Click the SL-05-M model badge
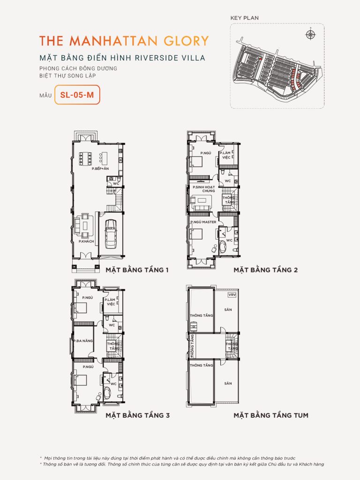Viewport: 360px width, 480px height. (x=77, y=95)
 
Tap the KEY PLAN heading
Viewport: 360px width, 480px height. (x=244, y=18)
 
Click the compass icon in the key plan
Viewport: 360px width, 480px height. (x=309, y=34)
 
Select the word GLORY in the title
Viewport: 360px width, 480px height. (x=184, y=40)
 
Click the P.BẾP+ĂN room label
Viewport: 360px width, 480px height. (x=100, y=168)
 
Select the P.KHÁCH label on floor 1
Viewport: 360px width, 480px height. (x=87, y=241)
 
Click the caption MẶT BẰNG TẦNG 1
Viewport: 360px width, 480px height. (x=136, y=270)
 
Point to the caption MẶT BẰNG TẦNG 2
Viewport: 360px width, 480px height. (x=266, y=270)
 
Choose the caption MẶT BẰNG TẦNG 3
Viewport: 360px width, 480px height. (x=137, y=415)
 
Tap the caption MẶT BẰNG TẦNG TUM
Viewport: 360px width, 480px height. (x=271, y=415)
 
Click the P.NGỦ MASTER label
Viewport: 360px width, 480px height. (x=203, y=222)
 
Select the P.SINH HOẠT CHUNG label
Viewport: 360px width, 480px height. (x=202, y=189)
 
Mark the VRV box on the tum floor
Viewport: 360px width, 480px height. (x=231, y=295)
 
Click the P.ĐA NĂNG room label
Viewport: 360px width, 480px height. (x=82, y=341)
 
